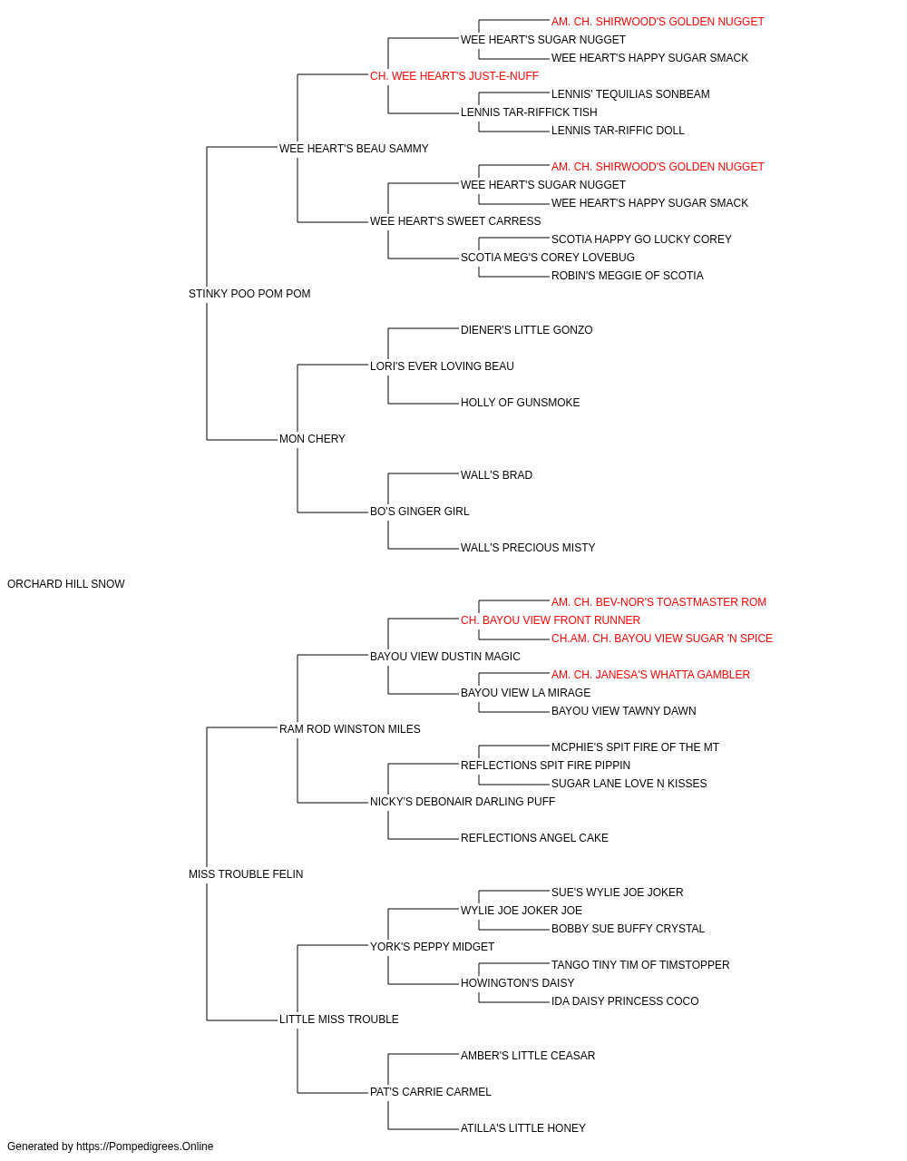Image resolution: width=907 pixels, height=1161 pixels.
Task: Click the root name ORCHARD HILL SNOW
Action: [65, 584]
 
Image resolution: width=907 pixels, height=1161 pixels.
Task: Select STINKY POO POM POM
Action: [249, 294]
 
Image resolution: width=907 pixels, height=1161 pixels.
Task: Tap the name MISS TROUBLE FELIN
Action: [246, 874]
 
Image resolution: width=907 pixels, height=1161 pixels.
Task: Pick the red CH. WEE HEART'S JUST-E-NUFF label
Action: [454, 76]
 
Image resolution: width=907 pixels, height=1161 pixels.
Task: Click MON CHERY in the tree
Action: [312, 439]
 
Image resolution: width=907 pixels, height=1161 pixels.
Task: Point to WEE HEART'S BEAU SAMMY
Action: [354, 149]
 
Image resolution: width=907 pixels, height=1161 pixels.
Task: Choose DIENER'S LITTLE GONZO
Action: [526, 330]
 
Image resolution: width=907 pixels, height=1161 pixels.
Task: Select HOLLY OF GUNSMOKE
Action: [520, 403]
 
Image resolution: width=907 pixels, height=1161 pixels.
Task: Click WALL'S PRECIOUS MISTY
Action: [528, 548]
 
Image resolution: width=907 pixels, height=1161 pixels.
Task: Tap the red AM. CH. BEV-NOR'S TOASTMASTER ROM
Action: [658, 602]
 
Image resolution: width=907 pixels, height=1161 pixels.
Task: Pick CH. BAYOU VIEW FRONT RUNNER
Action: [551, 620]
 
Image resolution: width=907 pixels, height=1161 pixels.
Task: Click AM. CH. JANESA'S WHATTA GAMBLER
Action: [650, 675]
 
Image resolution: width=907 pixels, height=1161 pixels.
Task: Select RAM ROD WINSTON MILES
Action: [349, 729]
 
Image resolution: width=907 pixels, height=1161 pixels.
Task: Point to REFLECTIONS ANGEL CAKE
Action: [534, 838]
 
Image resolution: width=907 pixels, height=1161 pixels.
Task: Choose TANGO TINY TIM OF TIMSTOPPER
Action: [640, 965]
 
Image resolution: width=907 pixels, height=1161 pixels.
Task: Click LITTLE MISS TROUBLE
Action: [338, 1020]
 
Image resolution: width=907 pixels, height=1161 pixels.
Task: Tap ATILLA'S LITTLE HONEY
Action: [523, 1127]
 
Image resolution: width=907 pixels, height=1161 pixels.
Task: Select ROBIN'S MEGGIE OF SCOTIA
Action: [627, 276]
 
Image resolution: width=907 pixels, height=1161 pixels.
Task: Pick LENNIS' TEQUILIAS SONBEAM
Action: [630, 94]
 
